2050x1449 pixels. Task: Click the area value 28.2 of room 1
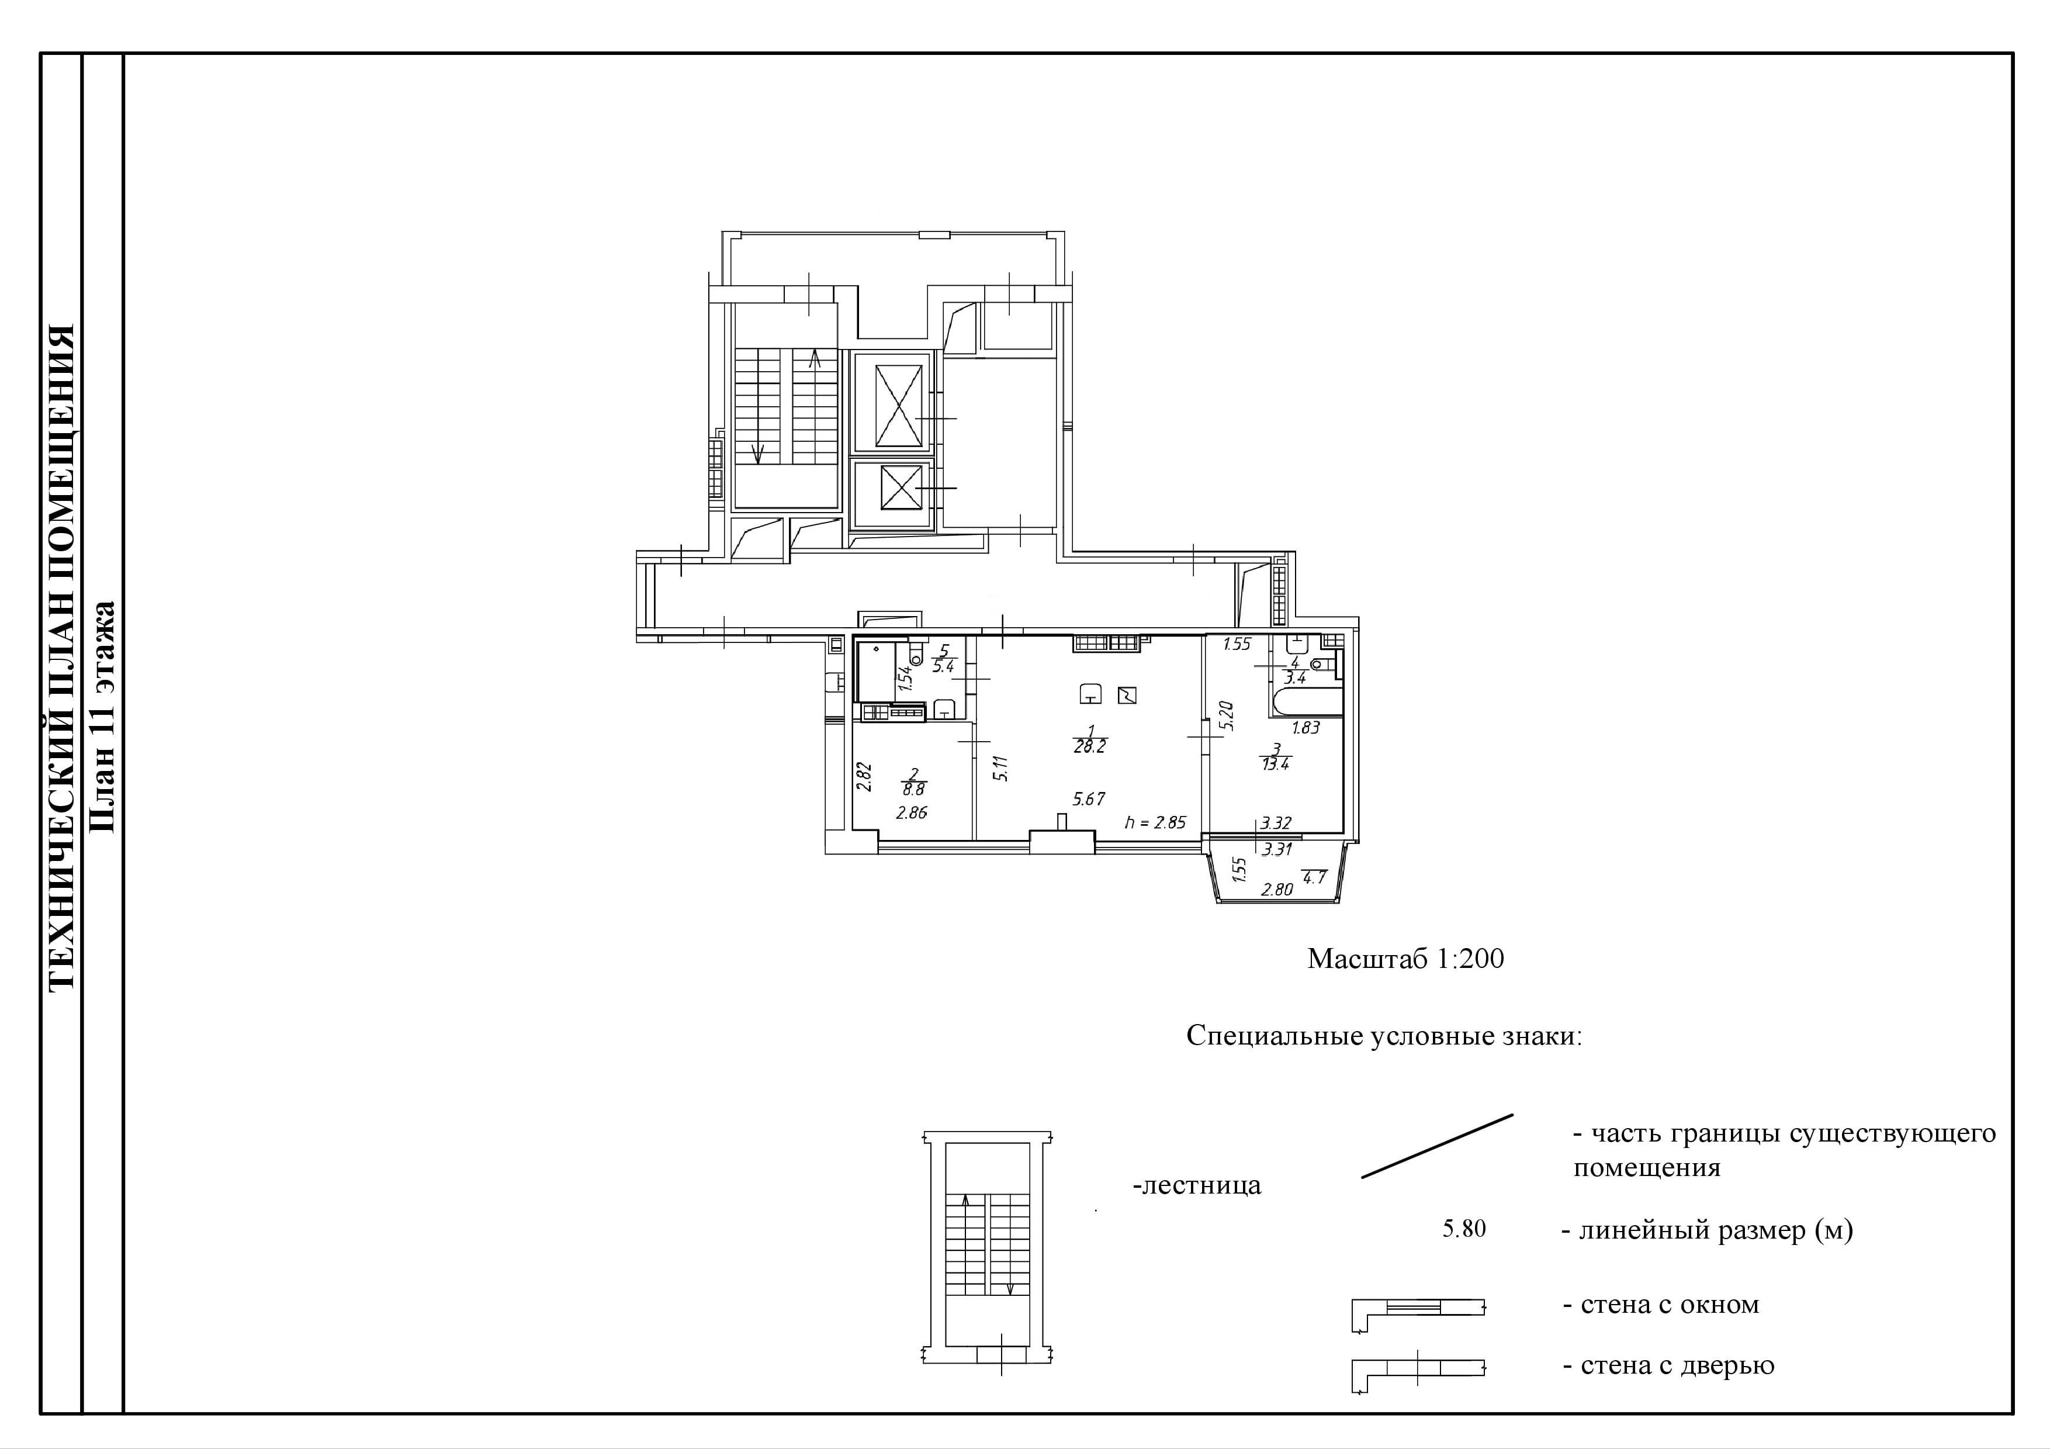click(x=1089, y=746)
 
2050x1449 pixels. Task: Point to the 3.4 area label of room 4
click(x=1296, y=677)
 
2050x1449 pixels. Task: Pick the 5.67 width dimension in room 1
click(x=1089, y=799)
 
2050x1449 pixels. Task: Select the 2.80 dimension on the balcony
click(x=1277, y=889)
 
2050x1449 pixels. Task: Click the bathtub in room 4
click(x=1306, y=702)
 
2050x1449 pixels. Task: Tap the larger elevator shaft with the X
click(x=898, y=404)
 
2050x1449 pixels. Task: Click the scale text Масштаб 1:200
click(x=1405, y=959)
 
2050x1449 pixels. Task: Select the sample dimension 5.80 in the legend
click(x=1464, y=1229)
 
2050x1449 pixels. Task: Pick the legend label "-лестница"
click(x=1196, y=1185)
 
